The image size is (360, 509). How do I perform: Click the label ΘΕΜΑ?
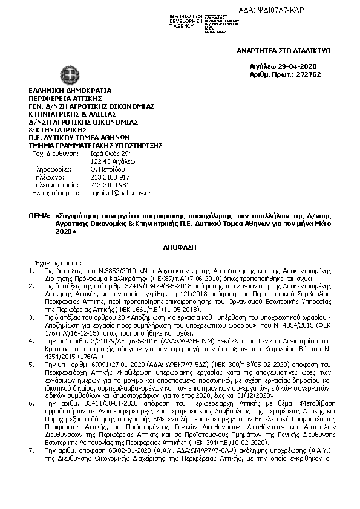[x=39, y=215]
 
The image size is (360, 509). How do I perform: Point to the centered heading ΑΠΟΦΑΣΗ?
[x=180, y=248]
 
